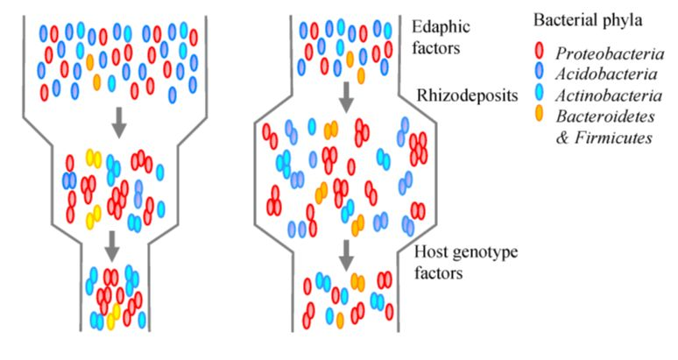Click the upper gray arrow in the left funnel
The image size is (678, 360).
120,127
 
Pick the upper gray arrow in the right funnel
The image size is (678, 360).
347,97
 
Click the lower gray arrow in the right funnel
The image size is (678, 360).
347,254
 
